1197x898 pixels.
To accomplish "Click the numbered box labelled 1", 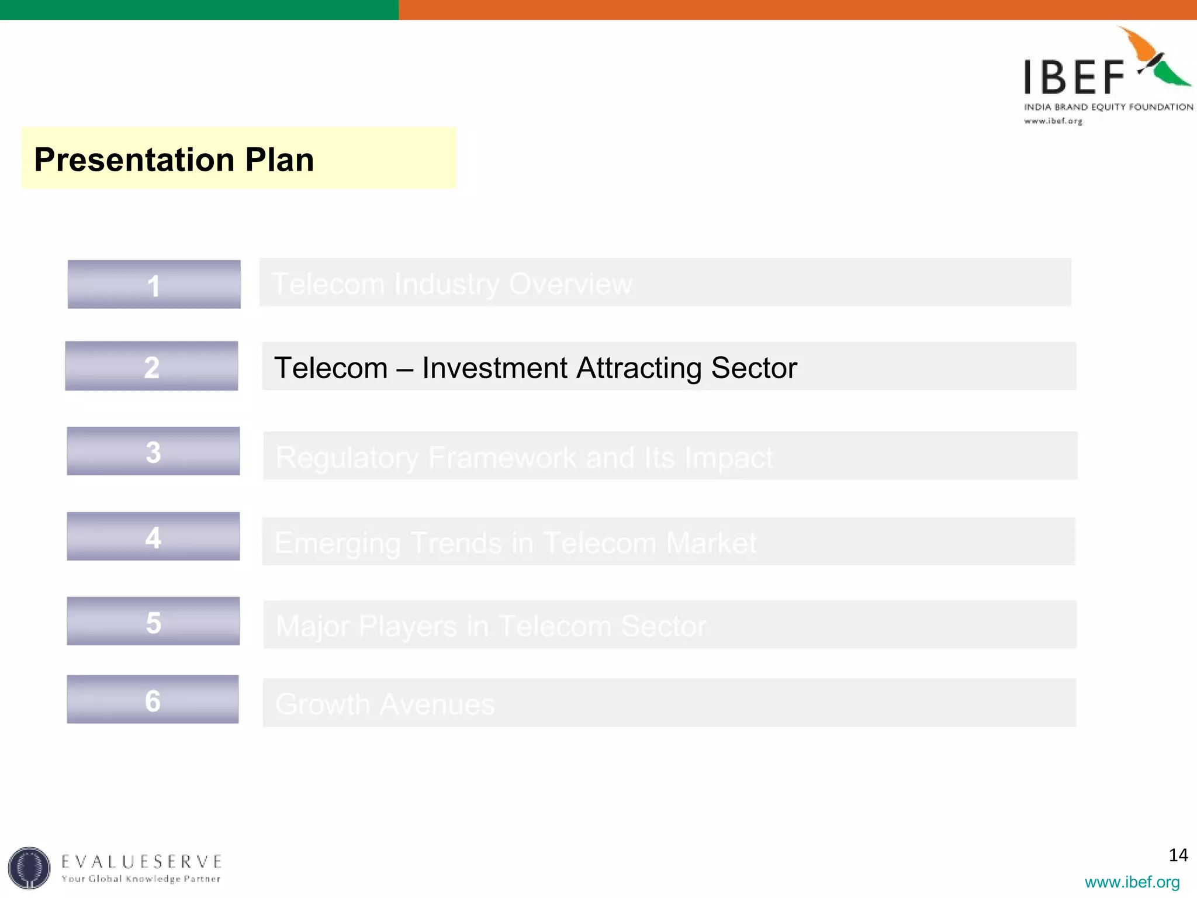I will (154, 285).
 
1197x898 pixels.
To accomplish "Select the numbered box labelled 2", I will (151, 367).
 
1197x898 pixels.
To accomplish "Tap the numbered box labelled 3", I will (153, 451).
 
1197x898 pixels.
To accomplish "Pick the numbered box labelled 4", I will (153, 537).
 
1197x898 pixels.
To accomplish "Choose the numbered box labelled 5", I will (153, 621).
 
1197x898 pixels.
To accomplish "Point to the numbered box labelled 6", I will (153, 700).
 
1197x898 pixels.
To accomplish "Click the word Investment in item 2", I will (494, 368).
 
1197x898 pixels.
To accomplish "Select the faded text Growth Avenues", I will (385, 704).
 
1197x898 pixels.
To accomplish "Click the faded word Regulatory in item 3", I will (347, 458).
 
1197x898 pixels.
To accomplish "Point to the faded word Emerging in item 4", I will (337, 543).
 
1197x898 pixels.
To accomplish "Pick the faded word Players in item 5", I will (407, 627).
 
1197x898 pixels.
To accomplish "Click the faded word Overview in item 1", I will (570, 284).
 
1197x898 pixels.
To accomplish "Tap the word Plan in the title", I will (279, 160).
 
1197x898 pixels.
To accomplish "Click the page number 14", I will (1178, 855).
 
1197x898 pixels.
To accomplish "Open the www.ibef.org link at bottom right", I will (1132, 882).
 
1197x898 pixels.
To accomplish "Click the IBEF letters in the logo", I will (1074, 77).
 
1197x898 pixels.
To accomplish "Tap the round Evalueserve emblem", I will (29, 868).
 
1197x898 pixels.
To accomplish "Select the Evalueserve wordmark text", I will (141, 862).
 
